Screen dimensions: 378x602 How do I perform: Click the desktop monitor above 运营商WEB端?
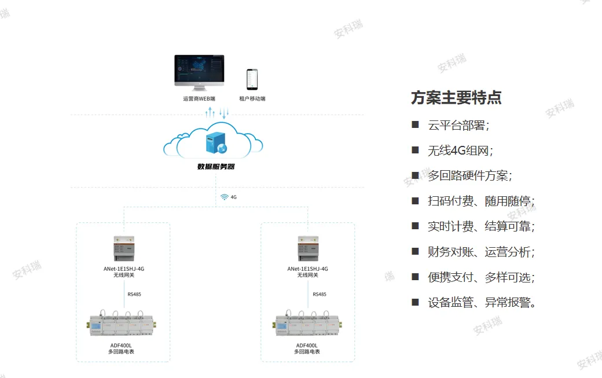[x=200, y=72]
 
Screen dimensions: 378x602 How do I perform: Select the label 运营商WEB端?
[x=199, y=99]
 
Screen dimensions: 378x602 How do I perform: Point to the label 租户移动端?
[x=252, y=99]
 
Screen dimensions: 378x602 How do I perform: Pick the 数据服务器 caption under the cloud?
[x=216, y=167]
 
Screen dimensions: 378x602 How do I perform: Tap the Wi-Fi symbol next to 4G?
[x=225, y=197]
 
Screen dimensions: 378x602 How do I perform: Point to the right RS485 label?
[x=320, y=294]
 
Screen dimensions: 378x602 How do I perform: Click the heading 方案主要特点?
[x=456, y=98]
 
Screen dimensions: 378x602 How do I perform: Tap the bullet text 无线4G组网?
[x=460, y=151]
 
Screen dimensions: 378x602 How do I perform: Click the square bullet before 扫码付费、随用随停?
[x=415, y=201]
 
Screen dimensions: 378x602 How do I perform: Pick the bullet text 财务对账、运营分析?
[x=481, y=252]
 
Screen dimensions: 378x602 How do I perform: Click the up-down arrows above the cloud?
[x=218, y=114]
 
